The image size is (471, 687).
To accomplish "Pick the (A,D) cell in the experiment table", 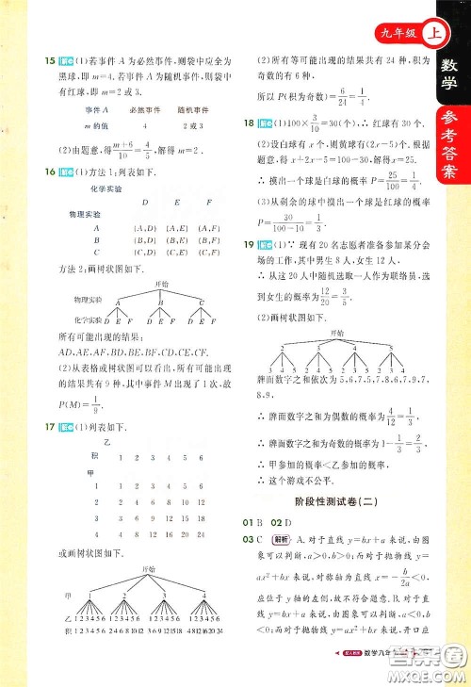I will click(145, 227).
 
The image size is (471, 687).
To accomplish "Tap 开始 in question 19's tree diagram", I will click(337, 334).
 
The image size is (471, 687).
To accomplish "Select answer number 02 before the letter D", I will click(276, 521).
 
